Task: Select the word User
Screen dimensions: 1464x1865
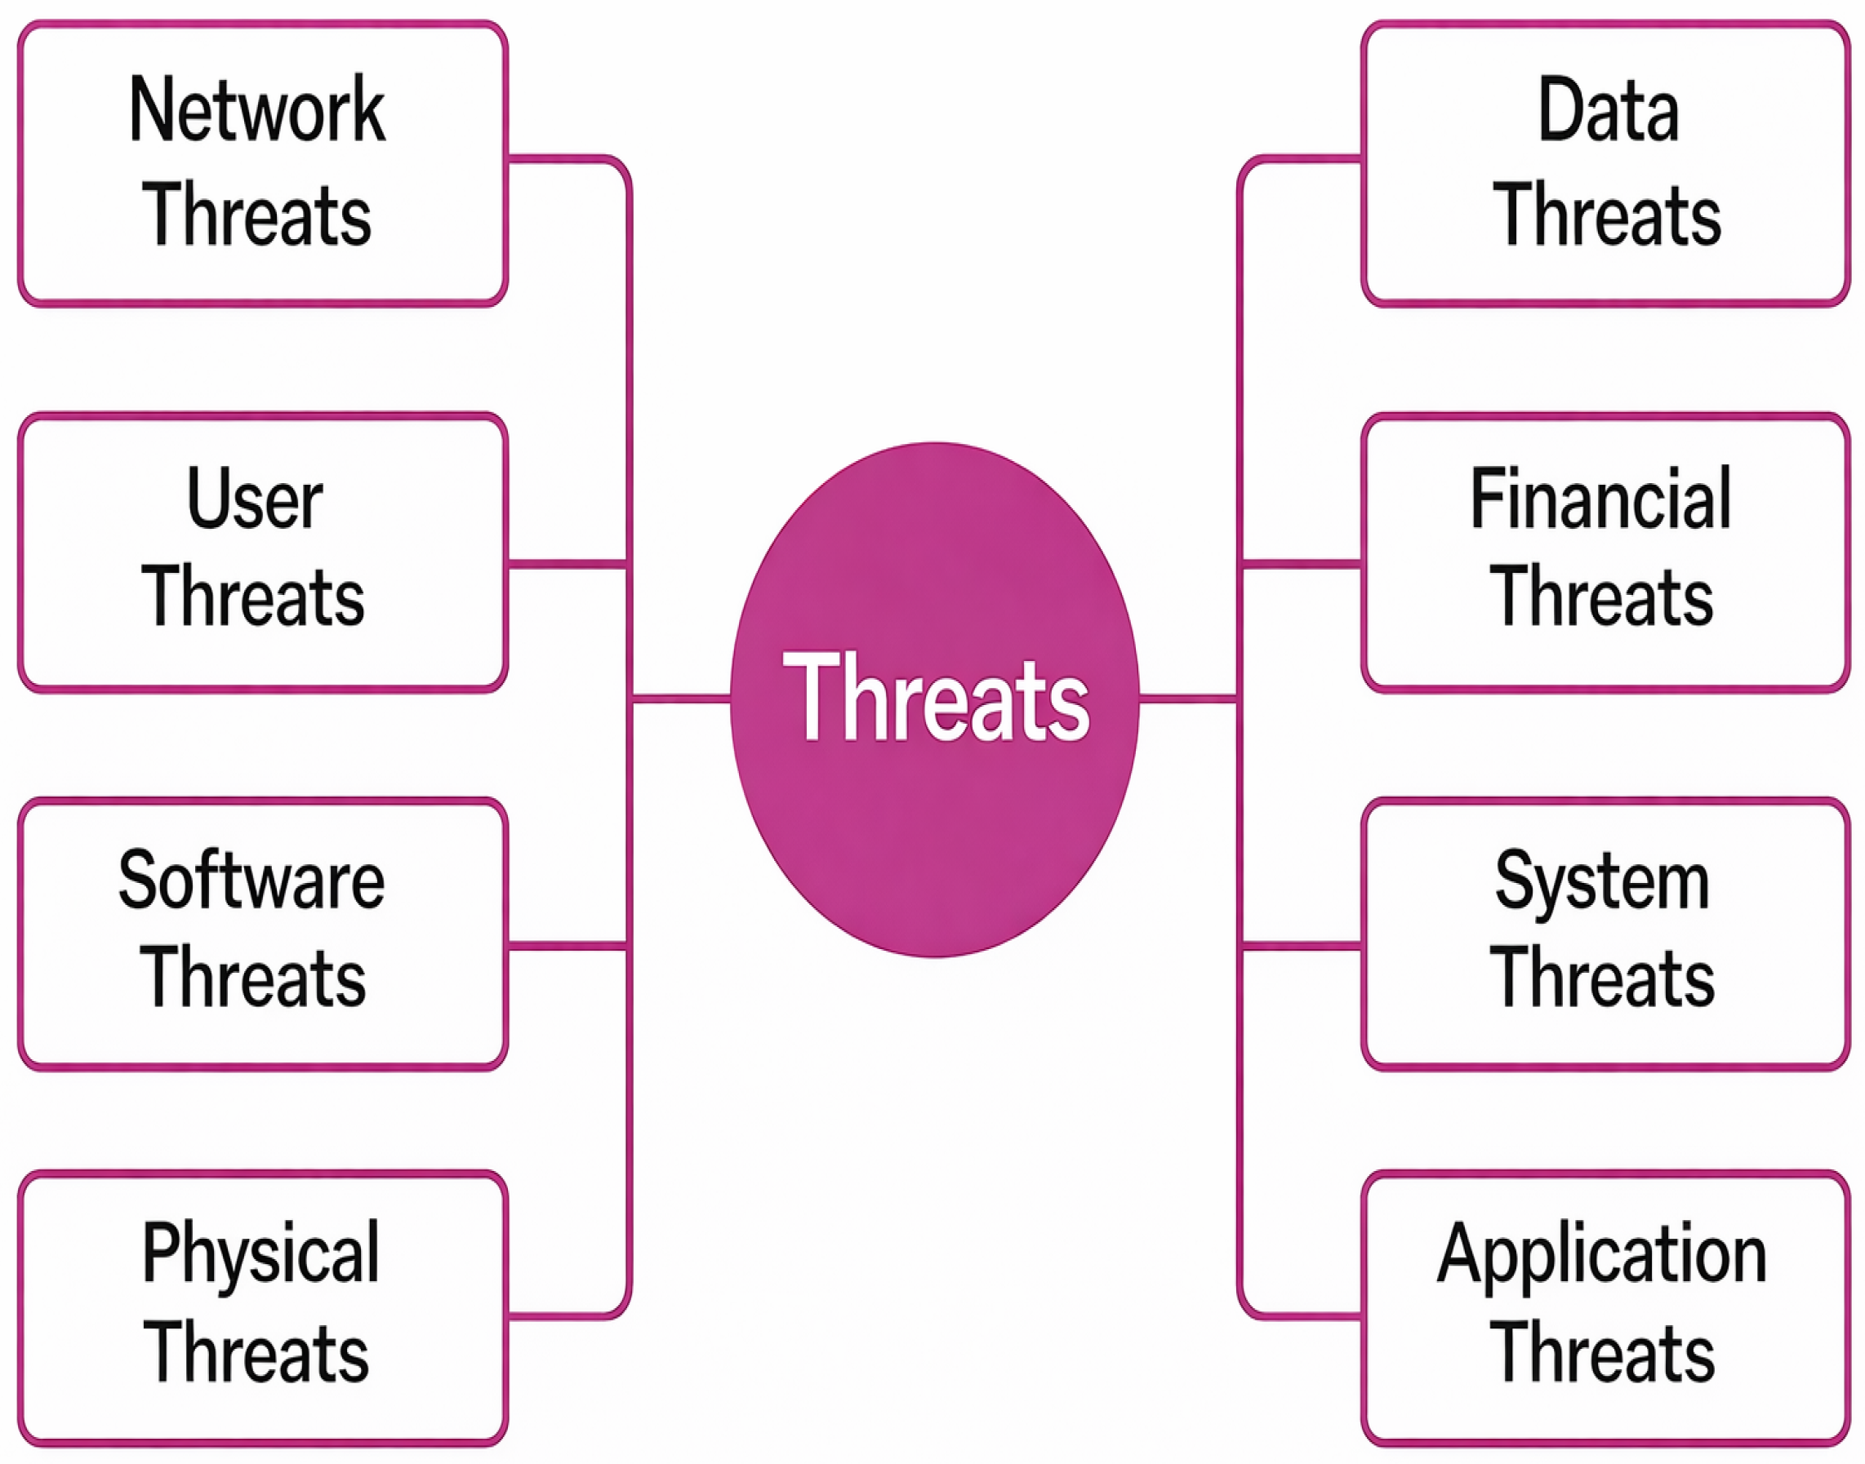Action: [255, 499]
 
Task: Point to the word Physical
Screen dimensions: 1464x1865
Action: [260, 1256]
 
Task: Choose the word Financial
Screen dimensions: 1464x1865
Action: [1602, 499]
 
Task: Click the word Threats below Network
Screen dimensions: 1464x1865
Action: [256, 215]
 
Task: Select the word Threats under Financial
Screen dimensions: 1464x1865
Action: [1602, 597]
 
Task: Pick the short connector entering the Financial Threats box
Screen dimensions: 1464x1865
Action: [1302, 564]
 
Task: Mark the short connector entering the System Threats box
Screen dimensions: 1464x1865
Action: [1302, 947]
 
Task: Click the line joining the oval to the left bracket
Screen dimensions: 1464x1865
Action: [681, 699]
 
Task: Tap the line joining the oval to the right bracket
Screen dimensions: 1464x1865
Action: [1188, 699]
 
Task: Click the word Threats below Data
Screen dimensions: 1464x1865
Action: [1608, 215]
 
